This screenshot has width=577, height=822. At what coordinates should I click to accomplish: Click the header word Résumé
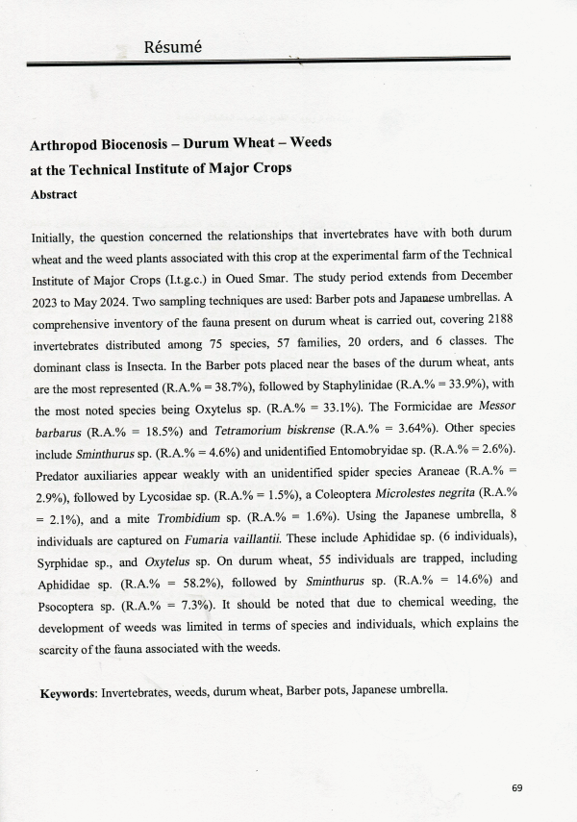point(171,46)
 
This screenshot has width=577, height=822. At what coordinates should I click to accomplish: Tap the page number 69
point(517,788)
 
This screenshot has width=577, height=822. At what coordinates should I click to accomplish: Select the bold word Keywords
point(68,692)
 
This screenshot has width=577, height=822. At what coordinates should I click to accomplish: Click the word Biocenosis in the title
point(141,142)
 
